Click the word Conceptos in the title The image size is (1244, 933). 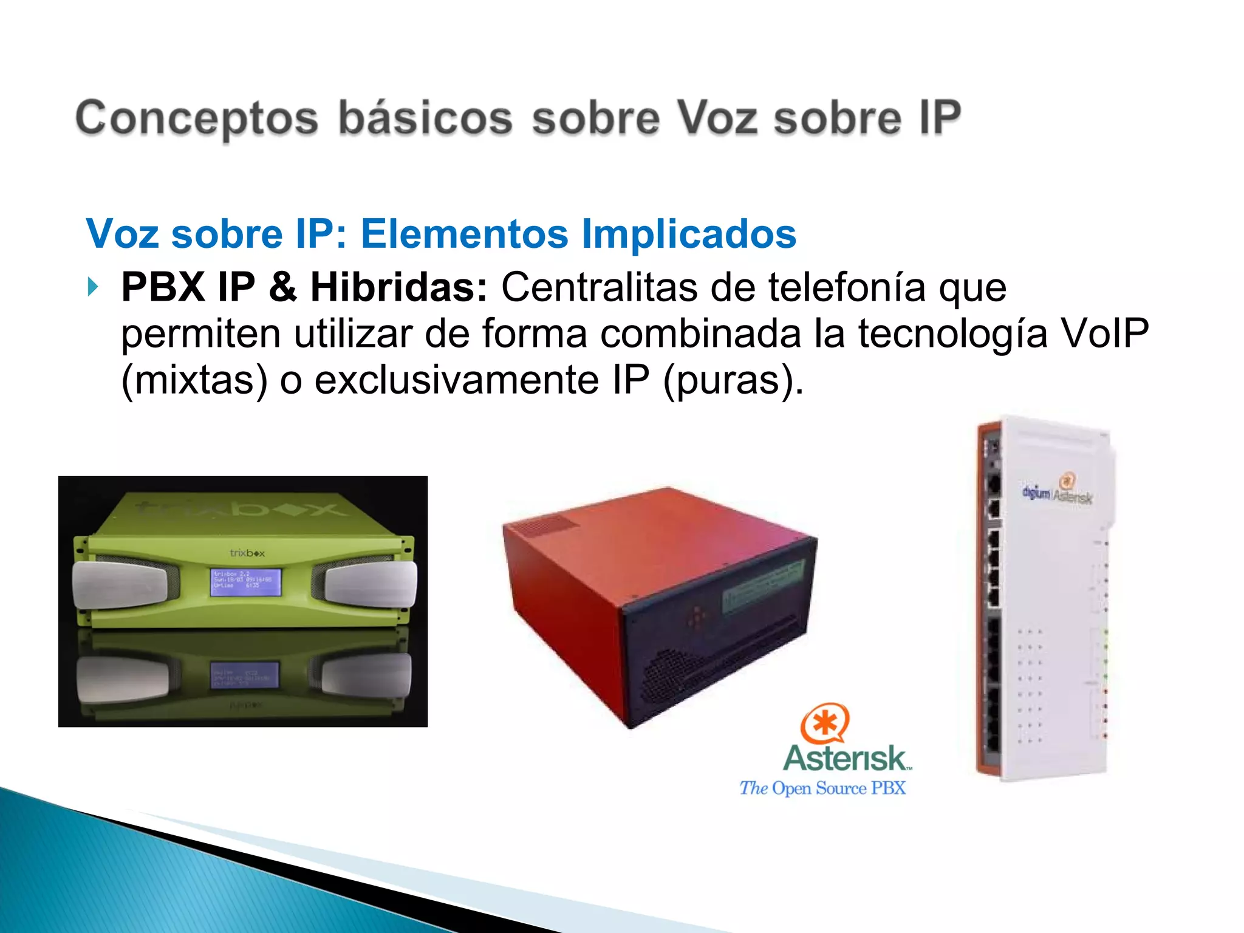(x=196, y=118)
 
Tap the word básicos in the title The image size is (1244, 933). (x=425, y=118)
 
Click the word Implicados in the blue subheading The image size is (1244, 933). (x=689, y=234)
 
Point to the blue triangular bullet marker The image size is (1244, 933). (x=92, y=287)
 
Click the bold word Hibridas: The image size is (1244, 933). (x=398, y=287)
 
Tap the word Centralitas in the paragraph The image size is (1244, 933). (x=599, y=287)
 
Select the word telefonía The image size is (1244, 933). (x=847, y=287)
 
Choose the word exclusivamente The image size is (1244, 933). (x=457, y=380)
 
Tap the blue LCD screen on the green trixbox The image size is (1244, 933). (x=246, y=582)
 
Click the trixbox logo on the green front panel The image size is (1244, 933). (x=247, y=553)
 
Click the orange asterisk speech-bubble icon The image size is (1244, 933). (x=824, y=723)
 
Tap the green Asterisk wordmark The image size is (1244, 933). (x=847, y=758)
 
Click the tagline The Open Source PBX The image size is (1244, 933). (x=822, y=788)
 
